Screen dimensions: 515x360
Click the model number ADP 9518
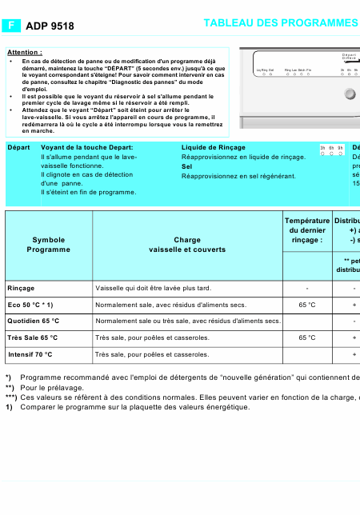50,26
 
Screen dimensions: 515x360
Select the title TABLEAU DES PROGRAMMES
280,24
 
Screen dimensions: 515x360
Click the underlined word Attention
24,52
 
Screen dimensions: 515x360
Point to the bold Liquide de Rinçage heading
214,148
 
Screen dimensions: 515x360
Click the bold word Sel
186,167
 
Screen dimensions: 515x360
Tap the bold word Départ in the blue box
18,148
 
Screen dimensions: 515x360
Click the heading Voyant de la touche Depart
87,148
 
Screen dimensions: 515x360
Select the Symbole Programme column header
49,245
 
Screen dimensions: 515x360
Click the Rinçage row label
21,288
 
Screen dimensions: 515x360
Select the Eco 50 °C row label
30,305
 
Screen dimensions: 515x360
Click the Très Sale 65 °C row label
32,337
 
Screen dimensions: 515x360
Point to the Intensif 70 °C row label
30,353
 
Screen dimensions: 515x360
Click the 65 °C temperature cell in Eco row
307,305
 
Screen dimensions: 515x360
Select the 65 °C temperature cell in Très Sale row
307,337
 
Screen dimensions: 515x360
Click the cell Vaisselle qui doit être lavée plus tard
153,288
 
